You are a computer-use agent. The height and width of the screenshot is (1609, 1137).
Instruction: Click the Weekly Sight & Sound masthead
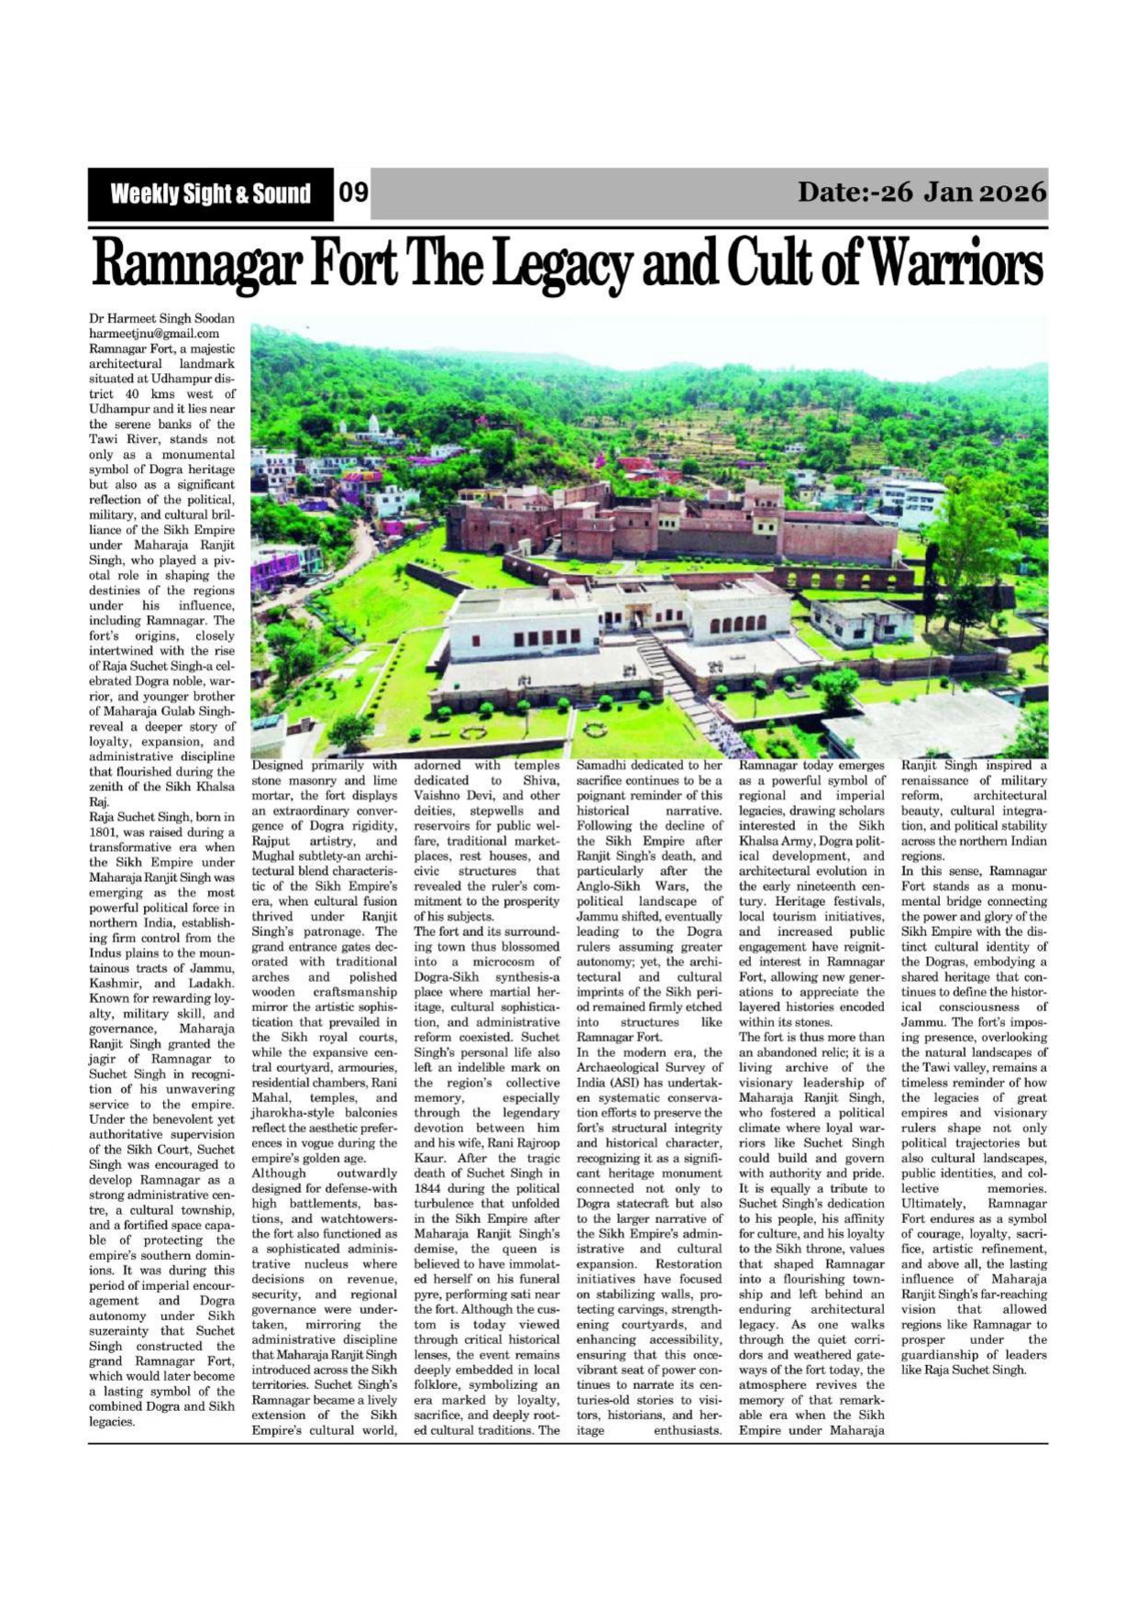coord(210,193)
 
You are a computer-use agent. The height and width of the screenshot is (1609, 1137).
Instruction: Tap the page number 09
coord(353,193)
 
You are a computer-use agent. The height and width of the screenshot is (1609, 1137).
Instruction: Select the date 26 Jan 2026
coord(922,192)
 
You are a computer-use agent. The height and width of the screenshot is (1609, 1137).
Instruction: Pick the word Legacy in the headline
coord(562,264)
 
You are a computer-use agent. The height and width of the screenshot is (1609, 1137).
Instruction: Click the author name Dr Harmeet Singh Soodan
coord(161,319)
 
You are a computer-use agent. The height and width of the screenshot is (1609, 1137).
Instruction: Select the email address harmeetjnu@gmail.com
coord(154,334)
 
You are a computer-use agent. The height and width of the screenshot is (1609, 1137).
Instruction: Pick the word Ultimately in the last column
coord(933,1203)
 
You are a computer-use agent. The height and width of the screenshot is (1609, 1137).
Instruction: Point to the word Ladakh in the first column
coord(213,984)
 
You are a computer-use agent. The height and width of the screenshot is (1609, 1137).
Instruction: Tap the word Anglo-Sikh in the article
coord(611,887)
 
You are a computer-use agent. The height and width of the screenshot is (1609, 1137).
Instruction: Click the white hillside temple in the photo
coord(371,425)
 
